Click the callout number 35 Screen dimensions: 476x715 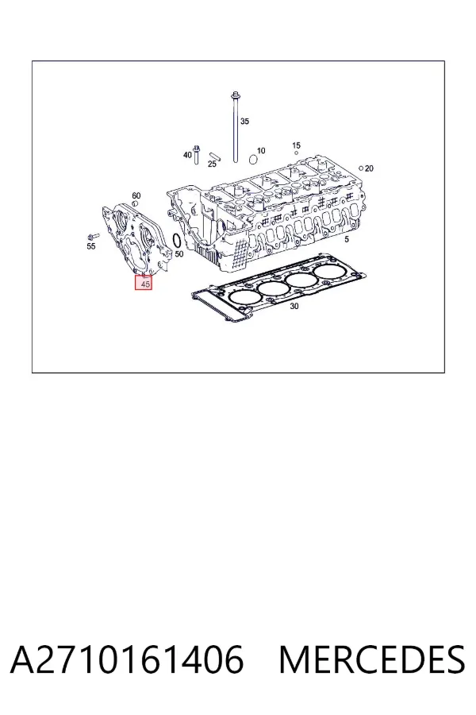pyautogui.click(x=244, y=122)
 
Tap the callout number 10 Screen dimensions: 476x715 pyautogui.click(x=261, y=150)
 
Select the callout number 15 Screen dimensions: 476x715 pyautogui.click(x=296, y=145)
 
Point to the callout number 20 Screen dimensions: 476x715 pyautogui.click(x=369, y=168)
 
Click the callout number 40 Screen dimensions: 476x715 pyautogui.click(x=187, y=155)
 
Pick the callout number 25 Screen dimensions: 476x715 pyautogui.click(x=212, y=164)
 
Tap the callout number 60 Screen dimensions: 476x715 pyautogui.click(x=136, y=195)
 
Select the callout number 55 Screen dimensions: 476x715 pyautogui.click(x=91, y=246)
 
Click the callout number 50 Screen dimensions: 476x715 pyautogui.click(x=179, y=253)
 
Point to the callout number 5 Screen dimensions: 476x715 pyautogui.click(x=347, y=239)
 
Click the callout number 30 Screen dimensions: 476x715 pyautogui.click(x=294, y=307)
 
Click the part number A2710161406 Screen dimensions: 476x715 pyautogui.click(x=127, y=659)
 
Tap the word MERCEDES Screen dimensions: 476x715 pyautogui.click(x=372, y=659)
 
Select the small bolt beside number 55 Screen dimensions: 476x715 pyautogui.click(x=93, y=236)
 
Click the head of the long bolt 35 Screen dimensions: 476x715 pyautogui.click(x=236, y=95)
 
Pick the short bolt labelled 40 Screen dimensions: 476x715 pyautogui.click(x=197, y=154)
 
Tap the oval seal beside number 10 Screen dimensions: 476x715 pyautogui.click(x=253, y=159)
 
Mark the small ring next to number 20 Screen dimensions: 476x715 pyautogui.click(x=361, y=168)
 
